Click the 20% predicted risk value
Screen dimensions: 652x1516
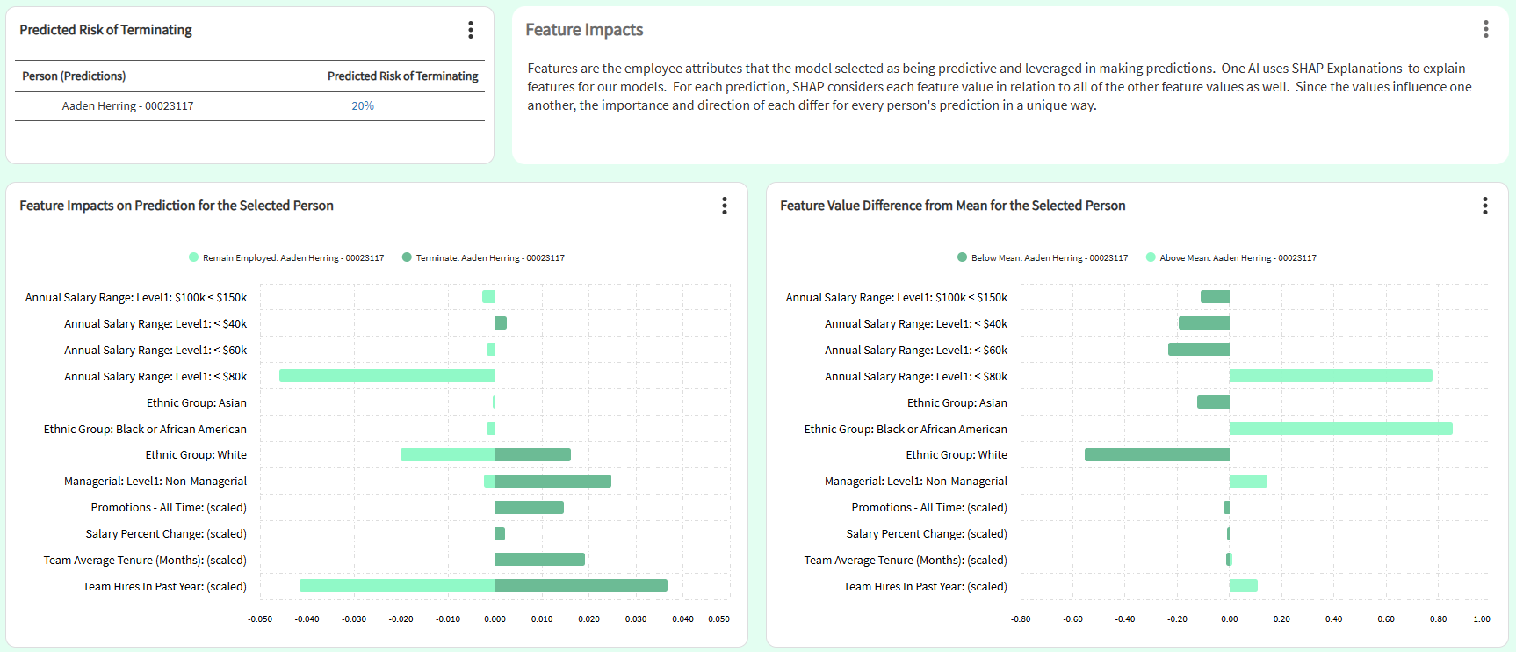tap(363, 105)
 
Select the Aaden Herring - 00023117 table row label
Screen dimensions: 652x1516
tap(127, 105)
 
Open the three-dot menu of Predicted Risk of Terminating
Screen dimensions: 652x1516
tap(471, 30)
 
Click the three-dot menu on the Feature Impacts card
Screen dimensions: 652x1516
tap(1485, 29)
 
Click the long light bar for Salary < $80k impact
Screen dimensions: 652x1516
tap(386, 376)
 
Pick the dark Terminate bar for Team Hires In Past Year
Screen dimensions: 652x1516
tap(581, 586)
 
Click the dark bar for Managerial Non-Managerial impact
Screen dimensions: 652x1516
tap(552, 482)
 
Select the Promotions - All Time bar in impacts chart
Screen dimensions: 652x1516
tap(529, 508)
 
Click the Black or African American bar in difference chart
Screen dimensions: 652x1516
tap(1340, 429)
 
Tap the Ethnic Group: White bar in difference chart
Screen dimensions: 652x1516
tap(1157, 455)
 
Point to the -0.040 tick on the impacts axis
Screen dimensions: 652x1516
tap(307, 619)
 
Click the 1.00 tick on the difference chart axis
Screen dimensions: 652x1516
tap(1481, 619)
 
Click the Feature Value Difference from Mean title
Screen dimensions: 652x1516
tap(952, 206)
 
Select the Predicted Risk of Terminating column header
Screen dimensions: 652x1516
tap(402, 76)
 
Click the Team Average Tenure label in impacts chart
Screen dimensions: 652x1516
tap(145, 561)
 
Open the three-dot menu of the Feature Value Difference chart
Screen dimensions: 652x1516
tap(1484, 206)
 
